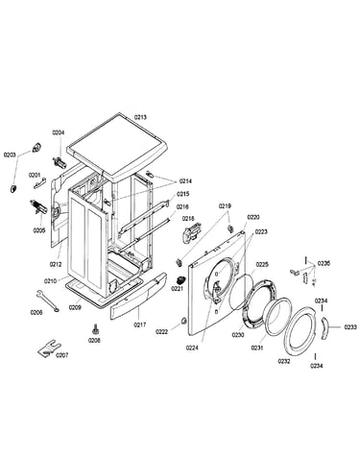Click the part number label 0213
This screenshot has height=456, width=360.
pyautogui.click(x=140, y=117)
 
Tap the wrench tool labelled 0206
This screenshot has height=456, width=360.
pyautogui.click(x=47, y=300)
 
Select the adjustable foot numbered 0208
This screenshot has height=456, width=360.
pyautogui.click(x=95, y=328)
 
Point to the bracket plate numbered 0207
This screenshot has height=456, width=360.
pyautogui.click(x=49, y=348)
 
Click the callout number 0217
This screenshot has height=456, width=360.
pyautogui.click(x=140, y=324)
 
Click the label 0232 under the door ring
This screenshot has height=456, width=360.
pyautogui.click(x=284, y=361)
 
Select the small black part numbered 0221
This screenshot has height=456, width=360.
pyautogui.click(x=181, y=279)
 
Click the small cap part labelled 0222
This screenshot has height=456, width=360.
pyautogui.click(x=184, y=321)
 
